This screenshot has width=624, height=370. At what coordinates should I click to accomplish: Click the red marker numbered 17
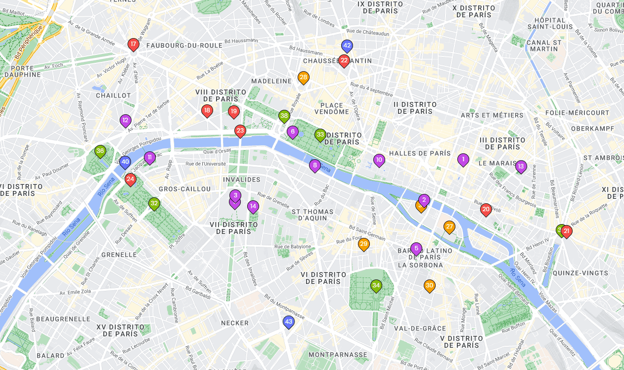click(x=133, y=45)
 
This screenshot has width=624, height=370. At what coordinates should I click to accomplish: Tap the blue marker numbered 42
click(x=347, y=46)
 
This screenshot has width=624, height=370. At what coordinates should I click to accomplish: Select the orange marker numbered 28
click(x=304, y=77)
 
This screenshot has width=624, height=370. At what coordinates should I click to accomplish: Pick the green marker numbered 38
click(x=284, y=116)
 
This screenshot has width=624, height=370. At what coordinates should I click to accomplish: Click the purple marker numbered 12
click(x=125, y=120)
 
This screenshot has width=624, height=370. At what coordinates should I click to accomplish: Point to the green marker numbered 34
click(x=376, y=285)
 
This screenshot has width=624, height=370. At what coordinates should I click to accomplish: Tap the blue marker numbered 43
click(x=289, y=322)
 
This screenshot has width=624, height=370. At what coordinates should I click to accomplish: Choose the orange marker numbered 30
click(x=430, y=285)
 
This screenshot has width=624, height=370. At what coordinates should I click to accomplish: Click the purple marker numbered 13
click(x=521, y=166)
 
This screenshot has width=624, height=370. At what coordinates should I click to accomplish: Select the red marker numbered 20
click(x=486, y=209)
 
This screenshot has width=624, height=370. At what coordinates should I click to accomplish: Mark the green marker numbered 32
click(x=154, y=203)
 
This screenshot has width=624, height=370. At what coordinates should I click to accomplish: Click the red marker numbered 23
click(x=240, y=131)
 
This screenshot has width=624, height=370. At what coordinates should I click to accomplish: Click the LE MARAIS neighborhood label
click(x=496, y=163)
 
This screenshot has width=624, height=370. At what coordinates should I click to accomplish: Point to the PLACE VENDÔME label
click(x=332, y=108)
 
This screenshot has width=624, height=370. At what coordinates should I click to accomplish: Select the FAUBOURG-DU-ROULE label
click(x=184, y=46)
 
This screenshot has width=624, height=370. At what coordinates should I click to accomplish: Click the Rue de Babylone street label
click(x=293, y=246)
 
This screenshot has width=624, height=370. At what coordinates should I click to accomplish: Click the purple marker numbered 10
click(x=379, y=159)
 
